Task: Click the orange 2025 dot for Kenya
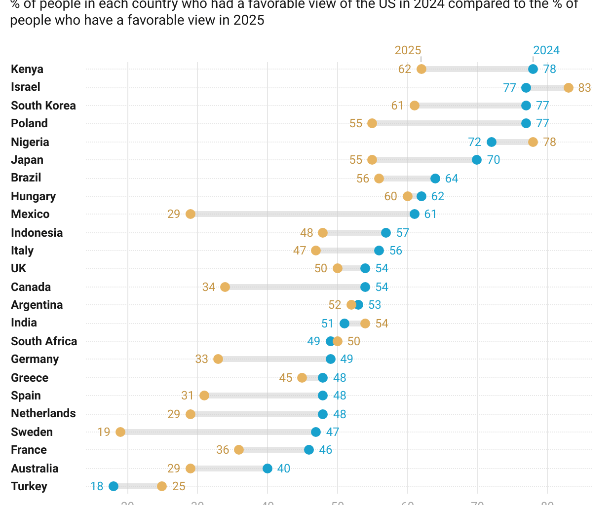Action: pos(421,69)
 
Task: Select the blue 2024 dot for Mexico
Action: pos(415,214)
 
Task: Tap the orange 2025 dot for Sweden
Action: pos(120,432)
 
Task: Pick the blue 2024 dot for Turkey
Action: pos(114,486)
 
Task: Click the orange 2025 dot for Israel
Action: pos(569,88)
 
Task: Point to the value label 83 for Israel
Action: pos(584,88)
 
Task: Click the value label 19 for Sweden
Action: pos(104,432)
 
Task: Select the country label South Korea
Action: pos(43,106)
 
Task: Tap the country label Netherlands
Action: pos(43,413)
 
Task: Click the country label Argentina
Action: pos(37,305)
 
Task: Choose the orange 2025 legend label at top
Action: pos(408,50)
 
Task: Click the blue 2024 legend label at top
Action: pos(546,50)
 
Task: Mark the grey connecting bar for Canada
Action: pos(295,287)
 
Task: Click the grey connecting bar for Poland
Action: pos(449,123)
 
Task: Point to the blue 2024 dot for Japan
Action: pos(477,160)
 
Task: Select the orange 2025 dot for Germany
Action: pos(218,359)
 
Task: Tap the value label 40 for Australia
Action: pos(284,469)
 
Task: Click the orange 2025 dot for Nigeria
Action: pos(533,142)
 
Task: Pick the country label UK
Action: pos(19,268)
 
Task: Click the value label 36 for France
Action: pos(223,450)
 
